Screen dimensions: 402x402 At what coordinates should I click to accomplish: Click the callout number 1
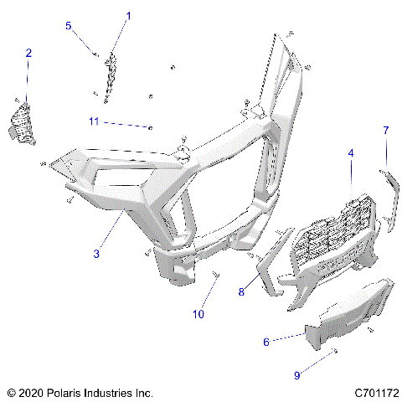click(129, 15)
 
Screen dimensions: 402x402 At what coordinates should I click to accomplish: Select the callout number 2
click(28, 53)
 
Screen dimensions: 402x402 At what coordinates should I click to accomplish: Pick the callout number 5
click(69, 26)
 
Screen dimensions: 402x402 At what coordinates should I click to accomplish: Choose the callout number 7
click(385, 130)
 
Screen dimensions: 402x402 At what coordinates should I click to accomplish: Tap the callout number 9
click(296, 375)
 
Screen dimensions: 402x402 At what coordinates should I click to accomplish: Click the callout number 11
click(94, 121)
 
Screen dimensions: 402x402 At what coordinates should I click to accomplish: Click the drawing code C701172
click(374, 392)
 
